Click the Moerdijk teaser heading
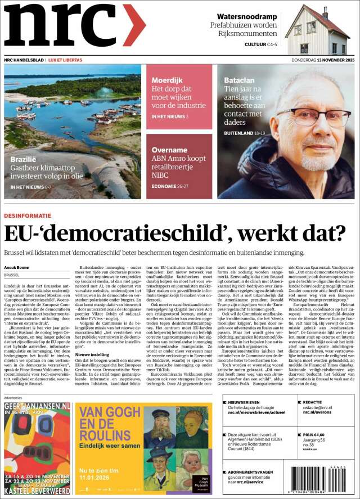(x=167, y=80)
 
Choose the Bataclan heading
(x=239, y=80)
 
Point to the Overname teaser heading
(x=169, y=150)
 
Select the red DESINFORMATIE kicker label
(x=28, y=216)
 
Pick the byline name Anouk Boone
(x=17, y=267)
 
